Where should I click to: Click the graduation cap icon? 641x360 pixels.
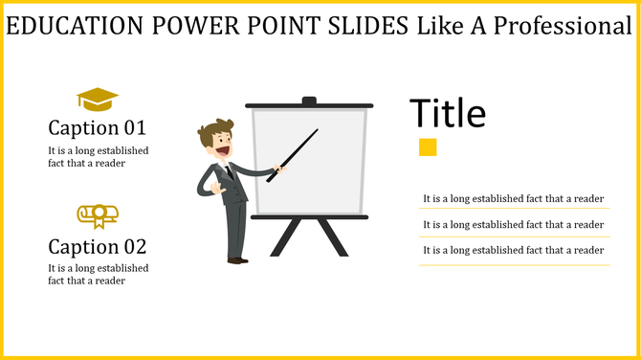click(x=97, y=99)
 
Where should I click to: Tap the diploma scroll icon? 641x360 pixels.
click(x=97, y=215)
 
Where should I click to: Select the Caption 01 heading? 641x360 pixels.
click(x=97, y=127)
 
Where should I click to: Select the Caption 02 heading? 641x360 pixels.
click(x=97, y=245)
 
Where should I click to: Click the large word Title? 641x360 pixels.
click(x=448, y=114)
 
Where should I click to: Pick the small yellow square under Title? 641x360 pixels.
click(x=428, y=146)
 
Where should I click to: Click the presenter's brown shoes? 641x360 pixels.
click(x=237, y=259)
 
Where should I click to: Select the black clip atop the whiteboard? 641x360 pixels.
click(x=309, y=101)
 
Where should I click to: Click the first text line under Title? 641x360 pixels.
click(x=513, y=199)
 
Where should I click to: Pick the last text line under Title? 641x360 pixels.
click(x=513, y=250)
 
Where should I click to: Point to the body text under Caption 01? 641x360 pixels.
click(x=99, y=157)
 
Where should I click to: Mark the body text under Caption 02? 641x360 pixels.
click(x=99, y=274)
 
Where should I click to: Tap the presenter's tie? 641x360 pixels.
click(x=229, y=171)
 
